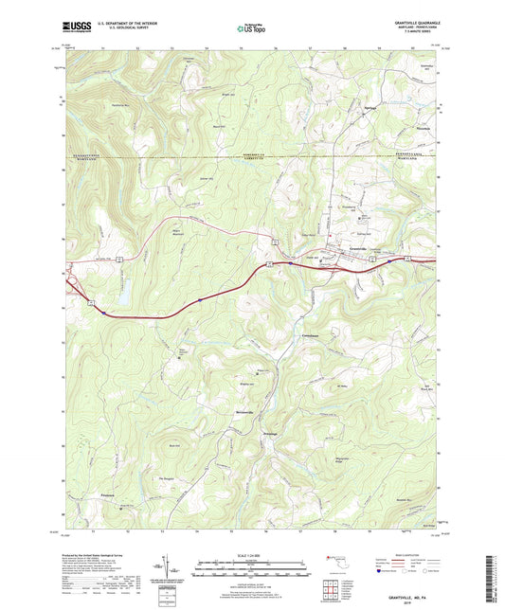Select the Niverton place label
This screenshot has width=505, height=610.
click(417, 130)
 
